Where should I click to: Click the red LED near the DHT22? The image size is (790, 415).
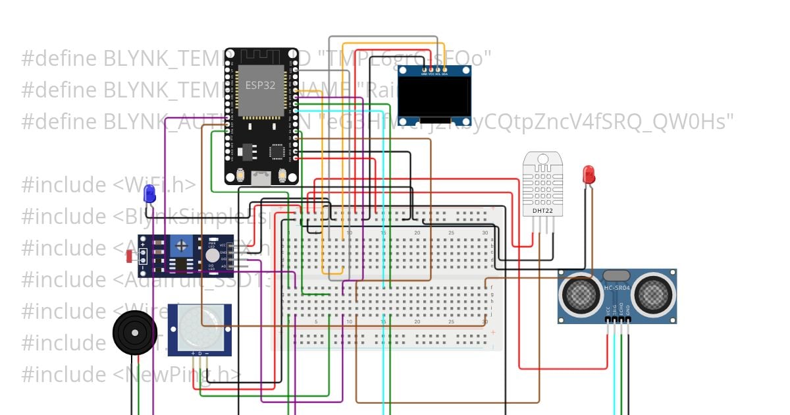tap(589, 175)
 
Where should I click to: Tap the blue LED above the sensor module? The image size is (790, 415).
tap(149, 194)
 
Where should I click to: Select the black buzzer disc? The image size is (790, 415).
tap(134, 333)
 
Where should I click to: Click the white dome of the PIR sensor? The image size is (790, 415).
tap(199, 327)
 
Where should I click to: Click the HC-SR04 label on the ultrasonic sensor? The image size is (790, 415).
tap(617, 288)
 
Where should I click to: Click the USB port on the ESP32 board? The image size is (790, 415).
tap(261, 176)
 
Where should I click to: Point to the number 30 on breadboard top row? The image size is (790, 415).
tap(485, 233)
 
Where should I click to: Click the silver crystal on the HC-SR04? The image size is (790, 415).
tap(617, 276)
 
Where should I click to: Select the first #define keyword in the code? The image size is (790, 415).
tap(59, 59)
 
